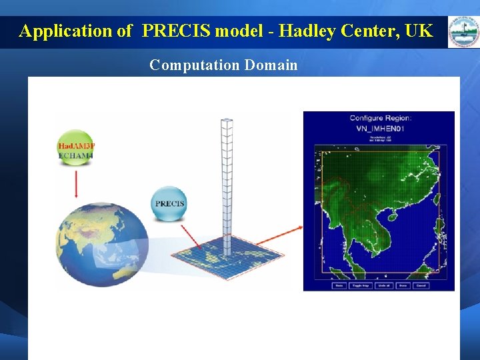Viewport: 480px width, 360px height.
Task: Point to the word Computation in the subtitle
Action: [194, 65]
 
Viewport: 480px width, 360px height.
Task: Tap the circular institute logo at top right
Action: [462, 31]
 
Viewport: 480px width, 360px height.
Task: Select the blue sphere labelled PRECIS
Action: [169, 203]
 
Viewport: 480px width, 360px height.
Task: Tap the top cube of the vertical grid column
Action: [227, 124]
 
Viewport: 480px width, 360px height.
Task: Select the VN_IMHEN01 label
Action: [381, 128]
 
